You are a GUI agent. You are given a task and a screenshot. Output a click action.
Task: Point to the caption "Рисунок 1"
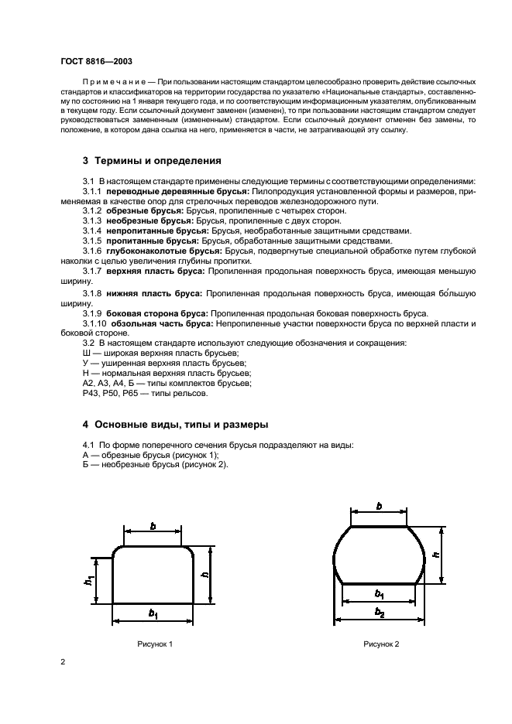(x=154, y=644)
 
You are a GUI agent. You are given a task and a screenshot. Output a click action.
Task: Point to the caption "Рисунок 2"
(x=381, y=644)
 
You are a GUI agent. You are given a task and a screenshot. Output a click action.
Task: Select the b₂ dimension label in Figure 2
(x=379, y=613)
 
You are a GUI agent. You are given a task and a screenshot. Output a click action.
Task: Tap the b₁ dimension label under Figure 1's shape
(x=153, y=613)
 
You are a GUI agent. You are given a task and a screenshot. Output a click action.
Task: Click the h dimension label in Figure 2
(x=436, y=555)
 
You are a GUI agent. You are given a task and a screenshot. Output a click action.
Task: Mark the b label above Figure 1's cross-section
(x=153, y=526)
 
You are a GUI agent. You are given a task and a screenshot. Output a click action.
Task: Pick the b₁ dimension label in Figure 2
(x=379, y=594)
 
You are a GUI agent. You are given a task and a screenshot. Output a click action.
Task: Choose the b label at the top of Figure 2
(x=379, y=506)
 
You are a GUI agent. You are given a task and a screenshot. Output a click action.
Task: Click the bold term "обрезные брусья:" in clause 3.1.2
(x=142, y=210)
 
